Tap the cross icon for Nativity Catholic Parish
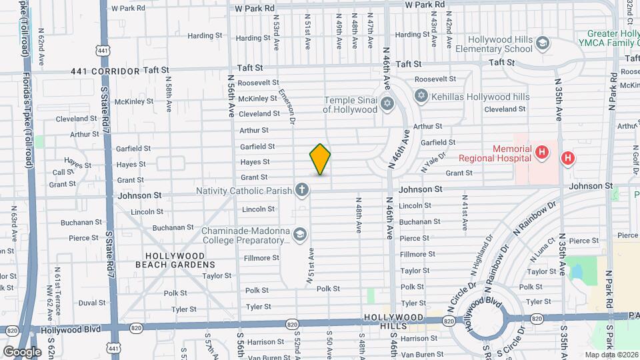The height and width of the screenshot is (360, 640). (302, 191)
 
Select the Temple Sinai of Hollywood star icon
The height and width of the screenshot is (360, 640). (387, 105)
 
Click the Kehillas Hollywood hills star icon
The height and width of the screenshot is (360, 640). (421, 97)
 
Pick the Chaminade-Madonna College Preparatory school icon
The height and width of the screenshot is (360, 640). (300, 234)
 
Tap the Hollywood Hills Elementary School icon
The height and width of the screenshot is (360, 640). (543, 43)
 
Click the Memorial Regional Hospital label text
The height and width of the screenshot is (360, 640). (493, 153)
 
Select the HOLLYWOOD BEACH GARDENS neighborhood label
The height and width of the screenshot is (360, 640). (175, 260)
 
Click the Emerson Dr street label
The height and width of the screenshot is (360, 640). (287, 107)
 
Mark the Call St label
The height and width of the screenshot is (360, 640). (59, 172)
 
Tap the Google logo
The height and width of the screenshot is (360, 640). (21, 351)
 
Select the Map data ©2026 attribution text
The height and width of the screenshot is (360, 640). (611, 355)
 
